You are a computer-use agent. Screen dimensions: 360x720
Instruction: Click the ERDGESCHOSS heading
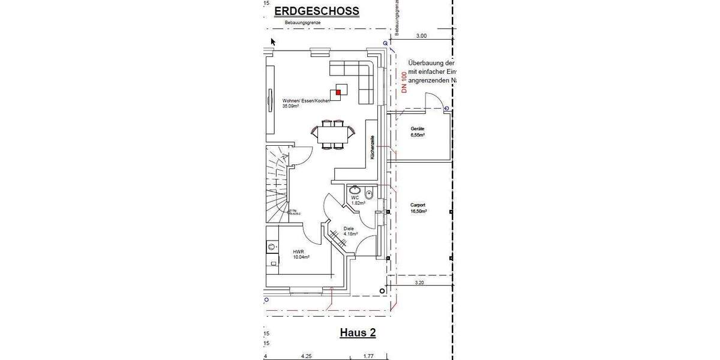(316, 11)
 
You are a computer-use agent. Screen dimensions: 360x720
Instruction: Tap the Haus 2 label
(358, 332)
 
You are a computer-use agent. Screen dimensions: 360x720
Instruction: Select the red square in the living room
(338, 92)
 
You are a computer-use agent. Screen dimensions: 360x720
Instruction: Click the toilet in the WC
(369, 193)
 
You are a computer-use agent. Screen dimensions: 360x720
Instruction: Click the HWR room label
(301, 254)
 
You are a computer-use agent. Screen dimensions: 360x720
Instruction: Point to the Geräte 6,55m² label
(418, 132)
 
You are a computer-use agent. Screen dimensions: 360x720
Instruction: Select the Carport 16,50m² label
(418, 208)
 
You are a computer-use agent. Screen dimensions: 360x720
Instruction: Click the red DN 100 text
(404, 82)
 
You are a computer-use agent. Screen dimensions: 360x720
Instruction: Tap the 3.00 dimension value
(421, 36)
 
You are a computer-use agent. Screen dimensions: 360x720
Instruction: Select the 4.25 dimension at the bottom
(306, 356)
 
